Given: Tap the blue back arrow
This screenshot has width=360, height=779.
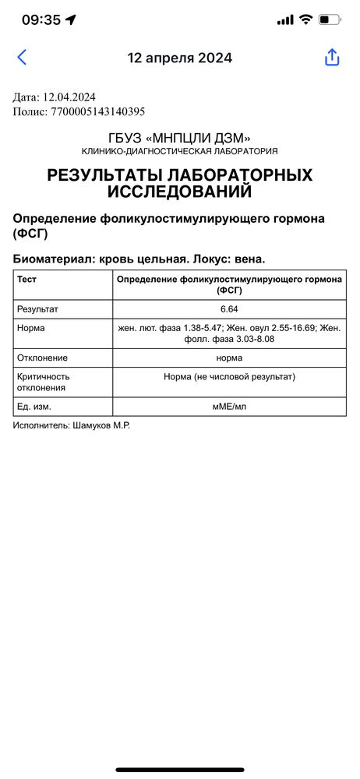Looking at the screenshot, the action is (x=22, y=57).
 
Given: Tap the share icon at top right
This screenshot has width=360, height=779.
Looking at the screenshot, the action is (x=332, y=58).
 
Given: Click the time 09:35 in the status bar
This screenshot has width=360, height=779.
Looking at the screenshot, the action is (x=41, y=20).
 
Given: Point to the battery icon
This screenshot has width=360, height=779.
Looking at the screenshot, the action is (x=330, y=20).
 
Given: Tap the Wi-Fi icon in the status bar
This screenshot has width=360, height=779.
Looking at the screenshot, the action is (x=305, y=20).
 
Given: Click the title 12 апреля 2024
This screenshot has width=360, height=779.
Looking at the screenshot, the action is (x=180, y=58).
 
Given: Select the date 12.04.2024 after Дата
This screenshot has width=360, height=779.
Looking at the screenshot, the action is (x=68, y=97).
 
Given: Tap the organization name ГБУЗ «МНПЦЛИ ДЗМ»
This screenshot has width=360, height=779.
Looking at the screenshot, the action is (x=180, y=138).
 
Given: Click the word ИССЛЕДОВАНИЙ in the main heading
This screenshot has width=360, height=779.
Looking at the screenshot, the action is (x=180, y=192).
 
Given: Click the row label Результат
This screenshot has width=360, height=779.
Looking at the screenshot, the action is (x=38, y=309).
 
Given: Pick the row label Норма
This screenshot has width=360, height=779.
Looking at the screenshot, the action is (x=31, y=329).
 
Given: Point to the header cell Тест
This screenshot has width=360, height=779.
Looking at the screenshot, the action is (x=27, y=278).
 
